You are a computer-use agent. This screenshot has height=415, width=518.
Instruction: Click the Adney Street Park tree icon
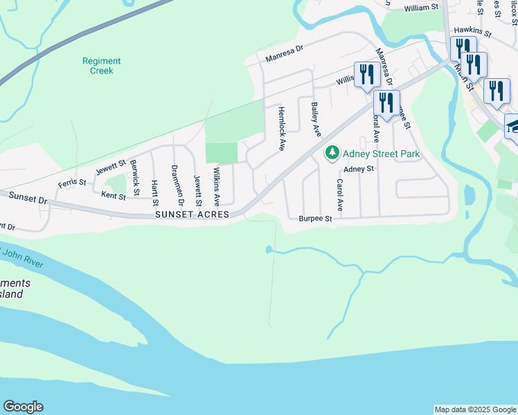[333, 152]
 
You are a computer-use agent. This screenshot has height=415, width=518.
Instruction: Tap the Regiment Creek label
[101, 66]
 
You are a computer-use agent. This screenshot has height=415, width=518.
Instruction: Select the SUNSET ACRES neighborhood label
[192, 215]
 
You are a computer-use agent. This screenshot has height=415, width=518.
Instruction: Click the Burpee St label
[316, 219]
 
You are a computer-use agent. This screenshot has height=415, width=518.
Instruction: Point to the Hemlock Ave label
[281, 128]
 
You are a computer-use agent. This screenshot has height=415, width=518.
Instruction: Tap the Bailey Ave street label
[316, 119]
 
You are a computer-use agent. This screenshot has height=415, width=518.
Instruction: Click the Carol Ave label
[340, 195]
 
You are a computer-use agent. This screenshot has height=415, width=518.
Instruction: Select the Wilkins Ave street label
[217, 186]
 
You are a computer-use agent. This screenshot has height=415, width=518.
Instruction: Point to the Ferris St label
[72, 183]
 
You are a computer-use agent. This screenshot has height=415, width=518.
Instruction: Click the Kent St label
[114, 196]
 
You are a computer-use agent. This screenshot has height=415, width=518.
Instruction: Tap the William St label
[422, 7]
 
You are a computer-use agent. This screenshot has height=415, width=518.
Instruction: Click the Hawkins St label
[472, 33]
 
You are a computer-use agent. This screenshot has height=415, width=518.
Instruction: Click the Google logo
[23, 407]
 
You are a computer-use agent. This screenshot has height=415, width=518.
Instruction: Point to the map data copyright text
[475, 409]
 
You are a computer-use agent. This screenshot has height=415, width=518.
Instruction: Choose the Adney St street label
[359, 169]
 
